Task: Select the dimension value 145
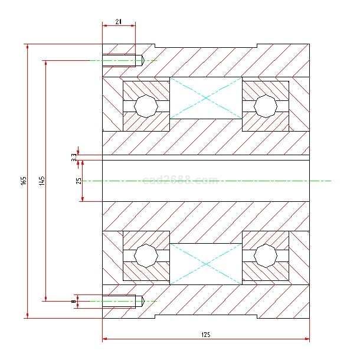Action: pos(42,180)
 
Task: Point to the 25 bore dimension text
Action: pos(78,180)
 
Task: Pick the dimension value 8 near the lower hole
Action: pos(73,301)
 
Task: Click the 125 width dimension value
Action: pos(205,335)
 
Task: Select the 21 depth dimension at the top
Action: pos(118,21)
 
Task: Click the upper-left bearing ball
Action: pos(145,106)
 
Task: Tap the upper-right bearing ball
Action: pos(266,106)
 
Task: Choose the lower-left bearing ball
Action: pos(145,255)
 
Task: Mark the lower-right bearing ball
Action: pos(266,255)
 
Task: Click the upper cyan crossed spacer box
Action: pos(205,98)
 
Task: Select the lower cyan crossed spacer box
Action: pos(205,263)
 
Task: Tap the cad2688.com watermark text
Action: pos(181,180)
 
